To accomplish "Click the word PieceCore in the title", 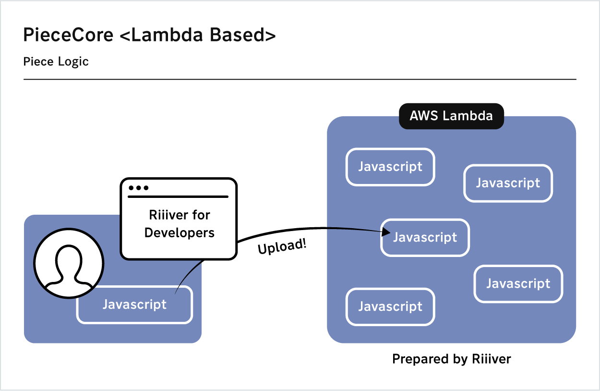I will (x=69, y=36).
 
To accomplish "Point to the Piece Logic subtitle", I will (x=56, y=62).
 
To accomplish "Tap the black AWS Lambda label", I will (x=451, y=116).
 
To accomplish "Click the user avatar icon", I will (x=69, y=263).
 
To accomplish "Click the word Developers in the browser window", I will (x=179, y=232).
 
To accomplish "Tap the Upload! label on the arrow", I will (x=282, y=246).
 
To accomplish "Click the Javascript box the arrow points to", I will (x=425, y=238).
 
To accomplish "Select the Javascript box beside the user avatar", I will (x=134, y=305).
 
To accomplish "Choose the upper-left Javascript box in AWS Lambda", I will (x=390, y=167).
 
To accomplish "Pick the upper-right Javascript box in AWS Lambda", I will (x=508, y=183).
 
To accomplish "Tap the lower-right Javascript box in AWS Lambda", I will (x=518, y=284).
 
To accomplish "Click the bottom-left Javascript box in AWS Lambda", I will (x=390, y=306).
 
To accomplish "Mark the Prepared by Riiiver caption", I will (x=451, y=359).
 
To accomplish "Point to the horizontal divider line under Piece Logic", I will (x=300, y=79).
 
